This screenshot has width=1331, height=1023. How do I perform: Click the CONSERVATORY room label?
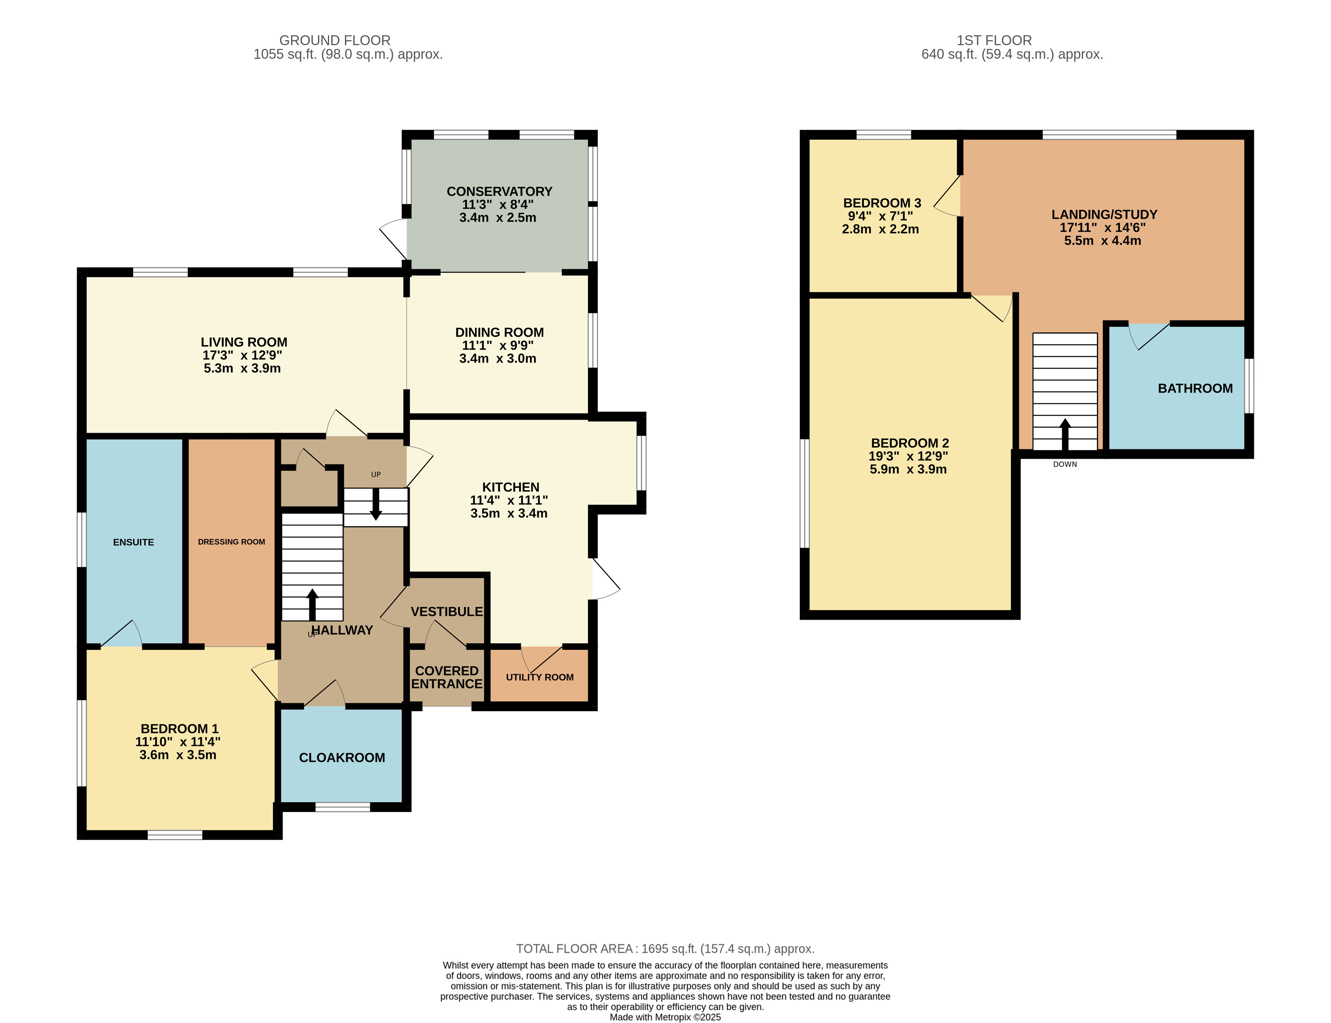[499, 191]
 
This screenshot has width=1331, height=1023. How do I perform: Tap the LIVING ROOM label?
[244, 342]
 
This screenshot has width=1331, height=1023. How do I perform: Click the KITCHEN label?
[510, 487]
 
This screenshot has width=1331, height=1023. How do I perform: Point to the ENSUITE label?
[134, 542]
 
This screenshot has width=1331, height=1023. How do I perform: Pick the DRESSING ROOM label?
[232, 542]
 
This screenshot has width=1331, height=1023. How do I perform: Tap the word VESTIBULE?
[446, 611]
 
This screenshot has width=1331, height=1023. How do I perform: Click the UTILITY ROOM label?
[540, 677]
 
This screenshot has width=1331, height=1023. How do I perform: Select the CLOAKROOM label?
[342, 757]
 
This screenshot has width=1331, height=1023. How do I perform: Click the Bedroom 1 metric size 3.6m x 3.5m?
[178, 755]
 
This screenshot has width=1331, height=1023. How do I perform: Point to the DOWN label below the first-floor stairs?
[1065, 464]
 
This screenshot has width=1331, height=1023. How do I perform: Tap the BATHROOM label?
[1195, 388]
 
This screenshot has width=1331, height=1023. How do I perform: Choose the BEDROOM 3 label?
[882, 203]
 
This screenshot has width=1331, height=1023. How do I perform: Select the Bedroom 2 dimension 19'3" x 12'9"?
[908, 456]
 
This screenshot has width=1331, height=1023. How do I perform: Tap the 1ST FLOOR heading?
[994, 40]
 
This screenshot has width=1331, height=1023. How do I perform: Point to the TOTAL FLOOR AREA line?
[665, 949]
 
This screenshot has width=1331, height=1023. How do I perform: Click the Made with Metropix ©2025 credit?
[665, 1017]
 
